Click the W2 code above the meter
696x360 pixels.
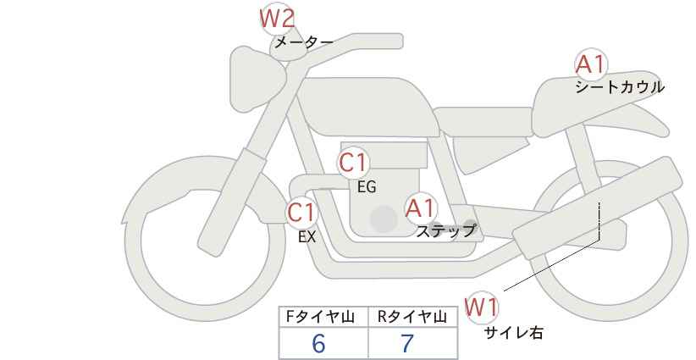click(277, 19)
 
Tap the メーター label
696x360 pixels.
click(304, 42)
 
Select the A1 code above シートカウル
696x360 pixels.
click(591, 65)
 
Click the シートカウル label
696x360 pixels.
click(620, 87)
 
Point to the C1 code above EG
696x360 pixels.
click(353, 163)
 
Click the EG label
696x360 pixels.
click(367, 187)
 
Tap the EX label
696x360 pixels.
click(307, 237)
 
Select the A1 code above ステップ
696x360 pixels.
click(421, 208)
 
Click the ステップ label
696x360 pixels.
click(445, 231)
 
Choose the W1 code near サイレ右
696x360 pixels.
click(482, 307)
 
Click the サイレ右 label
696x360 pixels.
click(514, 333)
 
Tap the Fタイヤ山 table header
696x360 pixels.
click(320, 317)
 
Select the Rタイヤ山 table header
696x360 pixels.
click(412, 317)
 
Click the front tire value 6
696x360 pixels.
click(318, 343)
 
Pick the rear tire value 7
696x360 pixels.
click(407, 343)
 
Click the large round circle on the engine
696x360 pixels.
click(384, 219)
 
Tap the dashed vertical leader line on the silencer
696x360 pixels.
click(599, 221)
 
